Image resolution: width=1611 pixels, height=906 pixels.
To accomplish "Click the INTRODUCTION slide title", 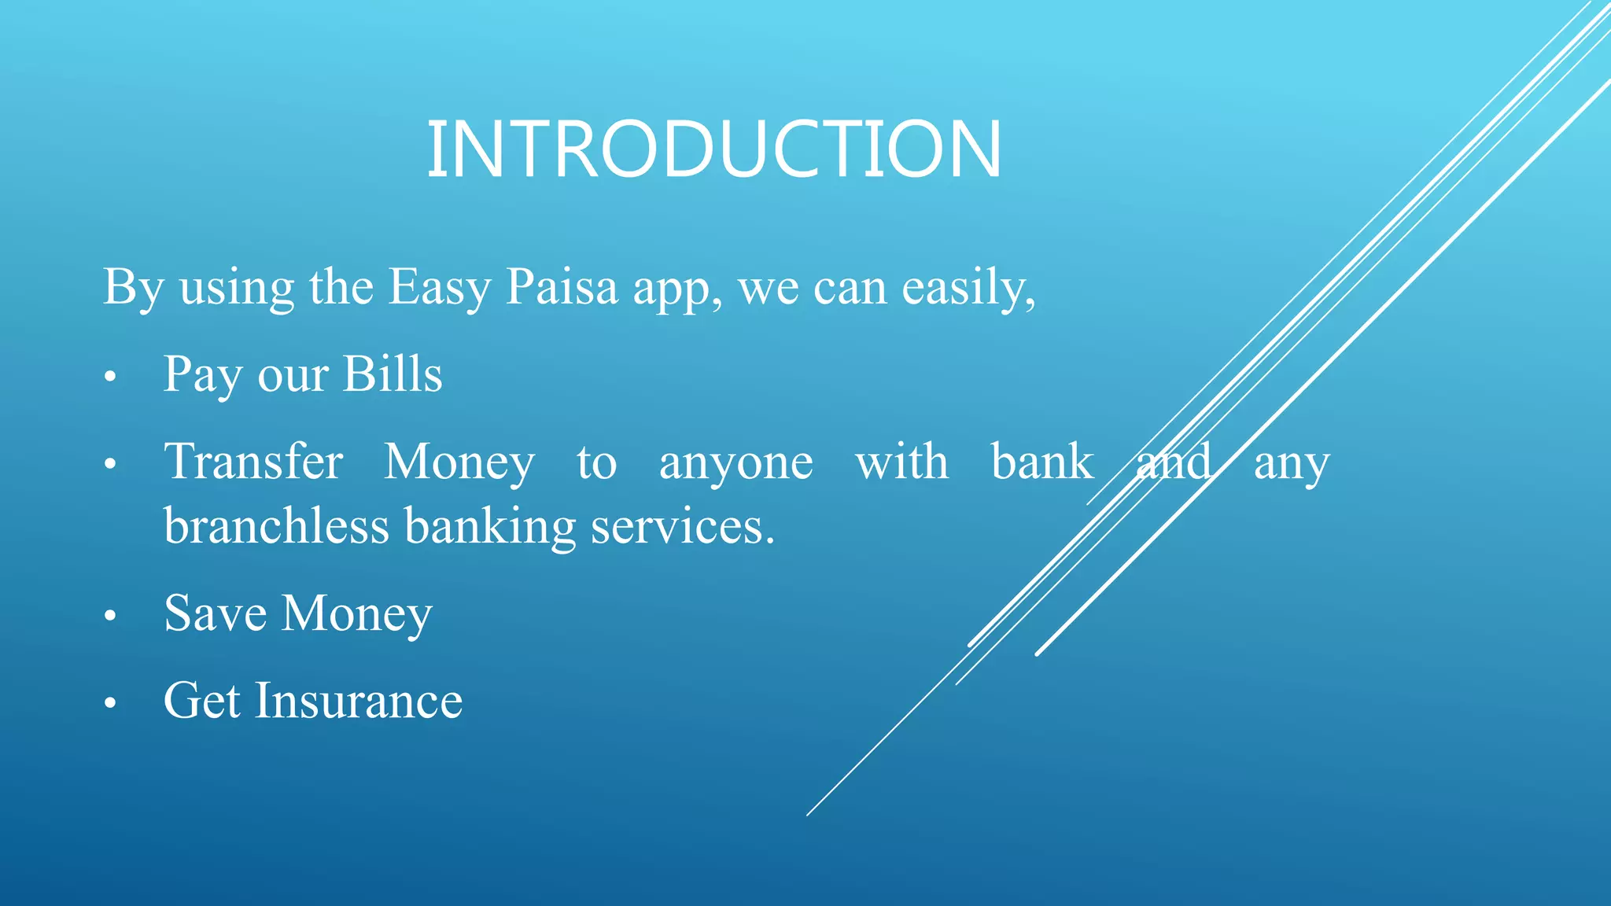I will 713,149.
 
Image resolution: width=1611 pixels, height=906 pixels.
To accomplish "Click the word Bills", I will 393,374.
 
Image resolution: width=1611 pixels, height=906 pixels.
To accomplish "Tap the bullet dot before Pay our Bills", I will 110,377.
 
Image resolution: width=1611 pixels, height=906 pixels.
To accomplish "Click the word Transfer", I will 253,462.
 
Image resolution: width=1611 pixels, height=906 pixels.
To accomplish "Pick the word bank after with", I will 1041,462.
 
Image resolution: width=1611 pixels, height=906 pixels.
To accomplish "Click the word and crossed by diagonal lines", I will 1174,462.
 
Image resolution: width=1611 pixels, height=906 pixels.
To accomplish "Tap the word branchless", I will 276,526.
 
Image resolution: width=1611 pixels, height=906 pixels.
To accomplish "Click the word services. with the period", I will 682,527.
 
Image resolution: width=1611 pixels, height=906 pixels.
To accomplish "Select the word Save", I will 215,613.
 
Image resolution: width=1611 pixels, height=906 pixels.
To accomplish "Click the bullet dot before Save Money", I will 110,617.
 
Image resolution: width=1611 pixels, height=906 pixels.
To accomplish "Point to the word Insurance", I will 358,701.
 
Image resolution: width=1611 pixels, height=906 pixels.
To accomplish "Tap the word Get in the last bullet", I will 201,701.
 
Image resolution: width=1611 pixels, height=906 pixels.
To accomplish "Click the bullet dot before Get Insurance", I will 110,704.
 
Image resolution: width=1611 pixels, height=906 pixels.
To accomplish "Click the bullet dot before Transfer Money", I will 110,465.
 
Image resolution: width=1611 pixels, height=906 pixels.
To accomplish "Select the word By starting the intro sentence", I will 132,288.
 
